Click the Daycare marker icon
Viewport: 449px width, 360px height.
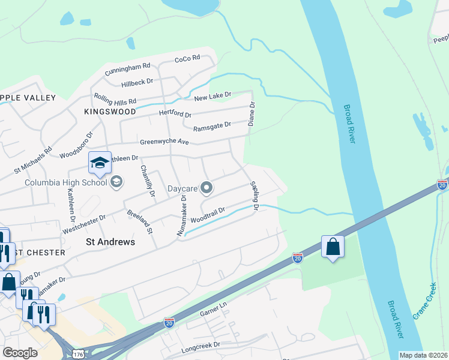[x=206, y=188]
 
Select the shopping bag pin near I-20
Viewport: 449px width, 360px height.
[x=333, y=247]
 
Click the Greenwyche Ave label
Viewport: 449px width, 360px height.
[x=164, y=142]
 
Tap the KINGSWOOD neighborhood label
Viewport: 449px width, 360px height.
[x=110, y=112]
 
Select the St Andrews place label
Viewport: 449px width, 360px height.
[x=110, y=242]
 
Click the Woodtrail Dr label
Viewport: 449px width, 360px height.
[x=208, y=215]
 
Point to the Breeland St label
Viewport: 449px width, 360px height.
[x=140, y=221]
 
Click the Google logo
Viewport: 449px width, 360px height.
[x=20, y=352]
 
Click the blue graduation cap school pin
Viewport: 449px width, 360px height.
[x=100, y=162]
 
